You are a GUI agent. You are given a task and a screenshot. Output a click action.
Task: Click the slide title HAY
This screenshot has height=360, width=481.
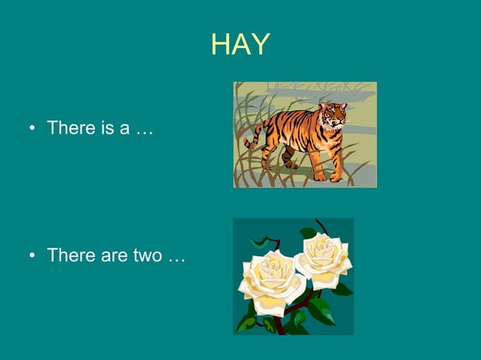240,45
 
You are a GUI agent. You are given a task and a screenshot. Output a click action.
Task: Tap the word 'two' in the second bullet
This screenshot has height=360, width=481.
147,255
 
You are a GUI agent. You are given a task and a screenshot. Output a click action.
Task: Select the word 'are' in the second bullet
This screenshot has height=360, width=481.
112,255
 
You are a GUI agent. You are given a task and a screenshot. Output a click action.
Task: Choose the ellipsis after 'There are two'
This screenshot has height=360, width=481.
176,257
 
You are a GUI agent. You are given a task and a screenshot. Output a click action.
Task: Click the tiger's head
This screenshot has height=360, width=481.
332,115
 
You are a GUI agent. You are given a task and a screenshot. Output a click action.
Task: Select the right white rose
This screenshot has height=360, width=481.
323,258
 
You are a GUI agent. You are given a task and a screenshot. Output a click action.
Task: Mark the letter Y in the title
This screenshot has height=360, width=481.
259,45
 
